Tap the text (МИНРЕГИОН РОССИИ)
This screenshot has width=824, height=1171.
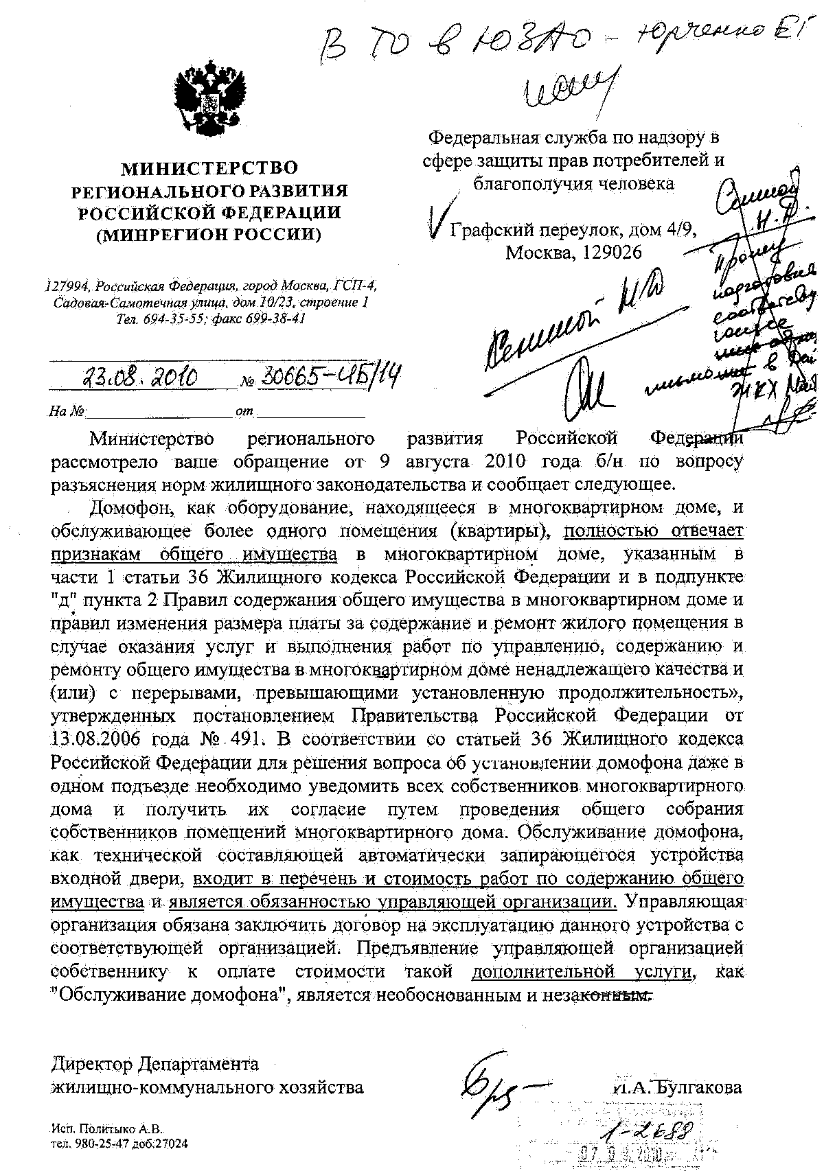[209, 235]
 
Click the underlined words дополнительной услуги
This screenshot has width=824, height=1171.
[584, 972]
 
